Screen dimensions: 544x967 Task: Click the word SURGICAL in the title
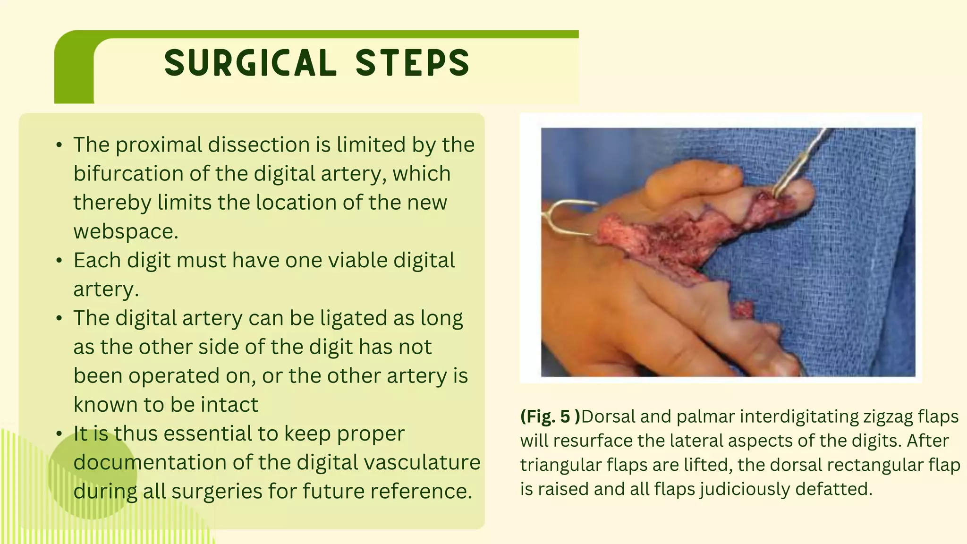click(x=250, y=63)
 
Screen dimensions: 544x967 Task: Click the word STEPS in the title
click(x=412, y=63)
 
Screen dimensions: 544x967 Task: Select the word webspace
click(x=126, y=231)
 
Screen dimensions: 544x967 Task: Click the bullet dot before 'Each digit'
click(x=59, y=261)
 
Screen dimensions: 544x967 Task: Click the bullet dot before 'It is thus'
click(x=59, y=434)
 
